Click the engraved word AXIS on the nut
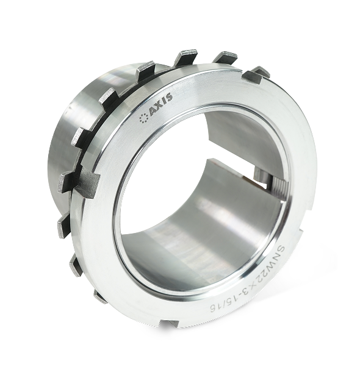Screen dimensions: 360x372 coord(160,104)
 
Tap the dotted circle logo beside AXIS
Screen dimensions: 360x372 coord(143,118)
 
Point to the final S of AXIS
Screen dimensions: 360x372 coord(169,97)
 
